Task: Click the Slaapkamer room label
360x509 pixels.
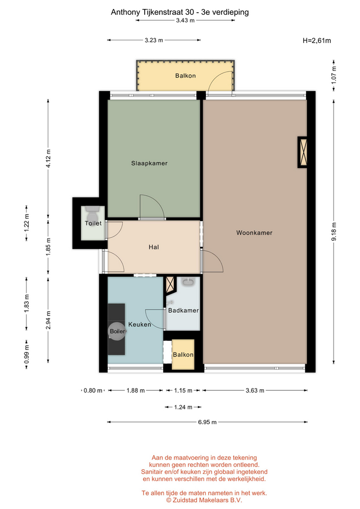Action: pyautogui.click(x=150, y=163)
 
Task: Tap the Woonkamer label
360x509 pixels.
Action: pyautogui.click(x=254, y=233)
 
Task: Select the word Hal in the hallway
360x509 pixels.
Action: pyautogui.click(x=154, y=247)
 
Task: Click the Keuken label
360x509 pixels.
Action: pyautogui.click(x=139, y=324)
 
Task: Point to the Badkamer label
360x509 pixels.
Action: pyautogui.click(x=183, y=310)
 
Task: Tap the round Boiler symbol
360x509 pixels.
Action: pyautogui.click(x=117, y=331)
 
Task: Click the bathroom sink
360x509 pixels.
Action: pyautogui.click(x=188, y=282)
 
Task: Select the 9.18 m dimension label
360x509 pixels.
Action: pyautogui.click(x=333, y=232)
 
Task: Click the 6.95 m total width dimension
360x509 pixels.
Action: pyautogui.click(x=207, y=422)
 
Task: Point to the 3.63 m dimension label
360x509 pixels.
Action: pyautogui.click(x=255, y=390)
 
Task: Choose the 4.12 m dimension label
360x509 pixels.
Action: pyautogui.click(x=48, y=159)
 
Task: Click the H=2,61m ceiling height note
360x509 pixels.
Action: pyautogui.click(x=317, y=41)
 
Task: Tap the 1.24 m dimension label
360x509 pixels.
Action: pyautogui.click(x=183, y=407)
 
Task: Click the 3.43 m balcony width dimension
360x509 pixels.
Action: pyautogui.click(x=186, y=20)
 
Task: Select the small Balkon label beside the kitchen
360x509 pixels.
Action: pyautogui.click(x=183, y=355)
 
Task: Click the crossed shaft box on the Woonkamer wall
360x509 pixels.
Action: pyautogui.click(x=303, y=152)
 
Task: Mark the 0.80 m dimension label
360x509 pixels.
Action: pyautogui.click(x=93, y=390)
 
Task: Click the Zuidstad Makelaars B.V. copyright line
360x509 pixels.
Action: pyautogui.click(x=204, y=500)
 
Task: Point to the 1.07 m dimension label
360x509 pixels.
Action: pyautogui.click(x=333, y=75)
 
